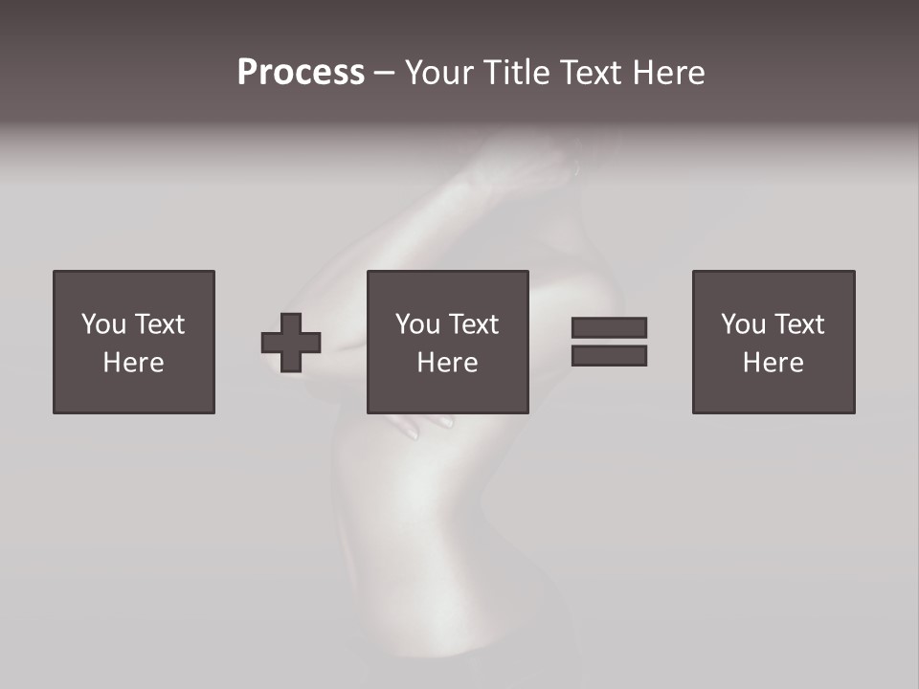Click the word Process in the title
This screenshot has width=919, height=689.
click(x=301, y=73)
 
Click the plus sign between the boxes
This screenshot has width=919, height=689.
click(x=291, y=343)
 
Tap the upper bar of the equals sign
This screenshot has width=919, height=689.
click(x=609, y=327)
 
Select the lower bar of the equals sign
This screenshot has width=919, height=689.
click(x=609, y=356)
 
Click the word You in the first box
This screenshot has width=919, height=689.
click(x=103, y=324)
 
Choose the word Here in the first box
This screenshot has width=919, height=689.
click(x=133, y=363)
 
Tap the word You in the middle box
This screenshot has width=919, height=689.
click(x=417, y=324)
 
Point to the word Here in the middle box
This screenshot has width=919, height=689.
click(x=447, y=363)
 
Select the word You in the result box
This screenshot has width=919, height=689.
click(x=743, y=324)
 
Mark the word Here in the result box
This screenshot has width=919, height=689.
click(x=773, y=363)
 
